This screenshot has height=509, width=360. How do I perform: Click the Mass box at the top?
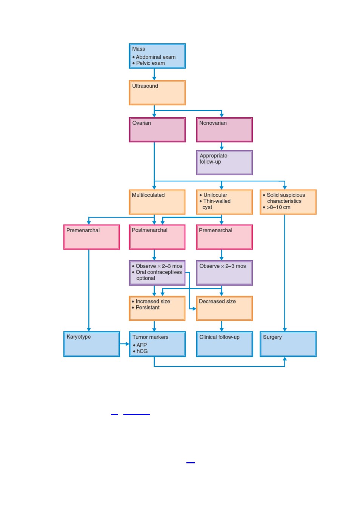point(157,56)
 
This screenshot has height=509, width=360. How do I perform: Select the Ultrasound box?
point(157,92)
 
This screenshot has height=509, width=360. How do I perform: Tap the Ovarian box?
point(157,130)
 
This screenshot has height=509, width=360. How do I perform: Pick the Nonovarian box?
point(224,130)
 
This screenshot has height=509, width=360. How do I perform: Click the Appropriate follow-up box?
point(224,163)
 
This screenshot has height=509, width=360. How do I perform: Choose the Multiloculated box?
point(157,202)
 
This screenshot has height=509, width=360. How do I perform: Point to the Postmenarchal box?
point(157,237)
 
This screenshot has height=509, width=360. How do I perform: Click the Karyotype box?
point(92,344)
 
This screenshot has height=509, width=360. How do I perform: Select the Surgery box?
point(288,344)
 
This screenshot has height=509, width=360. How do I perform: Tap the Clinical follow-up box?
point(225,344)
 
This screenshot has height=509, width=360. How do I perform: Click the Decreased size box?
point(225,308)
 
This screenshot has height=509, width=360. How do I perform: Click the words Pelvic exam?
point(150,63)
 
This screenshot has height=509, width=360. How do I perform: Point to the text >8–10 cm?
point(278,207)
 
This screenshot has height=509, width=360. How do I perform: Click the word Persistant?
point(148,307)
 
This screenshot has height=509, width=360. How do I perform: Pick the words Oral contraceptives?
point(159,272)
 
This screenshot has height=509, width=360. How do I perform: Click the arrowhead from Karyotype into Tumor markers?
point(127,344)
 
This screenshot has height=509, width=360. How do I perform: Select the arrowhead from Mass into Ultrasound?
point(154,78)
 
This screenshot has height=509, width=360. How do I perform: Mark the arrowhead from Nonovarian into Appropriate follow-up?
point(222,148)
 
